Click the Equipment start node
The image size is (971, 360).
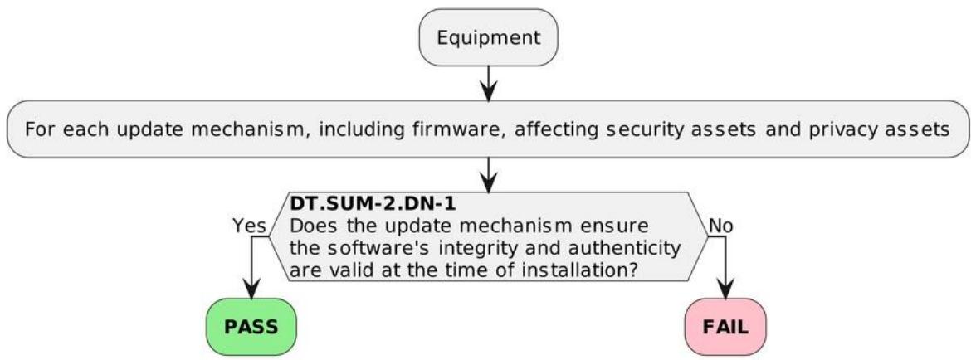(x=489, y=37)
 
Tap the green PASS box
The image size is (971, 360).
(x=251, y=327)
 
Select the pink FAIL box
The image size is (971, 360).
(x=725, y=327)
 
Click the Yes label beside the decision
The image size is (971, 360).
(x=250, y=226)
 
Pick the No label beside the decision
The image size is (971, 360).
(x=721, y=226)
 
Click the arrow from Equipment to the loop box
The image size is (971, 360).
(x=489, y=83)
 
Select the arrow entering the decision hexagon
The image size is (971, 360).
(x=489, y=174)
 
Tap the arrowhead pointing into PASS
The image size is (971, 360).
(x=251, y=288)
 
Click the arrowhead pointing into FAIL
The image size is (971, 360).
(x=725, y=288)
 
